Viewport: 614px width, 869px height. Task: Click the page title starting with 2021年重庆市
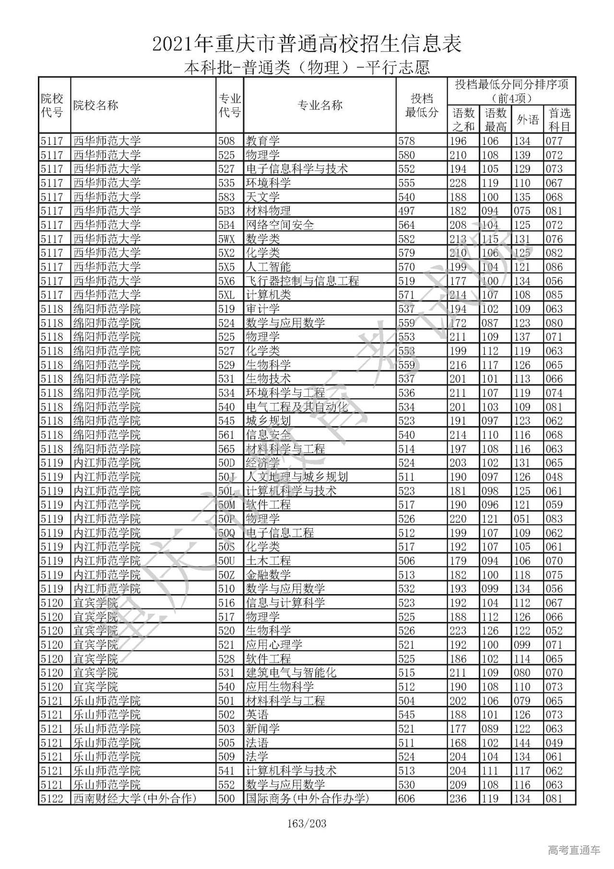click(307, 44)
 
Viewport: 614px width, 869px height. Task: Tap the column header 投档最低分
click(422, 106)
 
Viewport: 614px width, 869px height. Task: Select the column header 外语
click(528, 119)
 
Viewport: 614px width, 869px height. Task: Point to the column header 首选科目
click(559, 119)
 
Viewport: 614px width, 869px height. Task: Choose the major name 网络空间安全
click(280, 225)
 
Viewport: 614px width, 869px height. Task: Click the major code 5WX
click(226, 239)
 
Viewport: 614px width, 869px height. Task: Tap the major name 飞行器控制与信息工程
click(302, 281)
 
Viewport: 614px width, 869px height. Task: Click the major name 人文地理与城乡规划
click(296, 477)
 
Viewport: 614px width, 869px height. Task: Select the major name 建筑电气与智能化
click(291, 673)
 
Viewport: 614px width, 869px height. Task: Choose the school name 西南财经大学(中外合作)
click(135, 799)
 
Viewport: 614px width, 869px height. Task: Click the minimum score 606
click(407, 799)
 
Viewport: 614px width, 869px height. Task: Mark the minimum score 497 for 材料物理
click(407, 211)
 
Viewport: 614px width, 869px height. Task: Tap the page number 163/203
click(307, 824)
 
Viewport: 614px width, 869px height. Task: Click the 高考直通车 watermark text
click(574, 850)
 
